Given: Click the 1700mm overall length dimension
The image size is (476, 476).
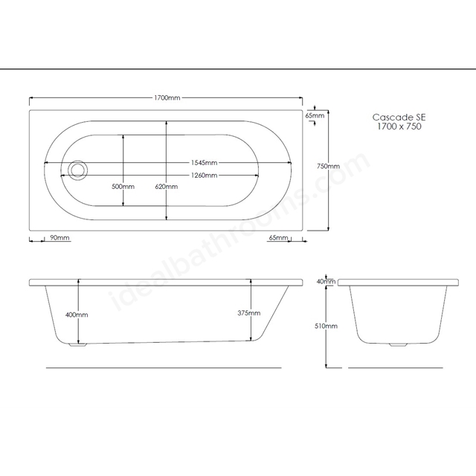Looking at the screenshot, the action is (167, 97).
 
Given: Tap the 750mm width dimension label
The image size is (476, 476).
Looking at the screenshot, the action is (328, 167).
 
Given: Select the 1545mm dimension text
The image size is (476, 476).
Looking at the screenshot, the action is (204, 163).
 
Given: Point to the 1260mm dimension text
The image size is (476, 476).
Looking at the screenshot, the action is (204, 176).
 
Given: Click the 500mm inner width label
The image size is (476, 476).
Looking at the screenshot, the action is (123, 187).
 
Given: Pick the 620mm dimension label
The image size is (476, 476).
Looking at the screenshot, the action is (167, 187).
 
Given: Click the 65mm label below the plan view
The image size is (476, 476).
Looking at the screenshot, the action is (278, 237).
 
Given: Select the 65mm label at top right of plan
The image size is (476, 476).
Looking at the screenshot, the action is (315, 115).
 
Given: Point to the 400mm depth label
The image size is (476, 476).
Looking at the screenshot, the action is (77, 315).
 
